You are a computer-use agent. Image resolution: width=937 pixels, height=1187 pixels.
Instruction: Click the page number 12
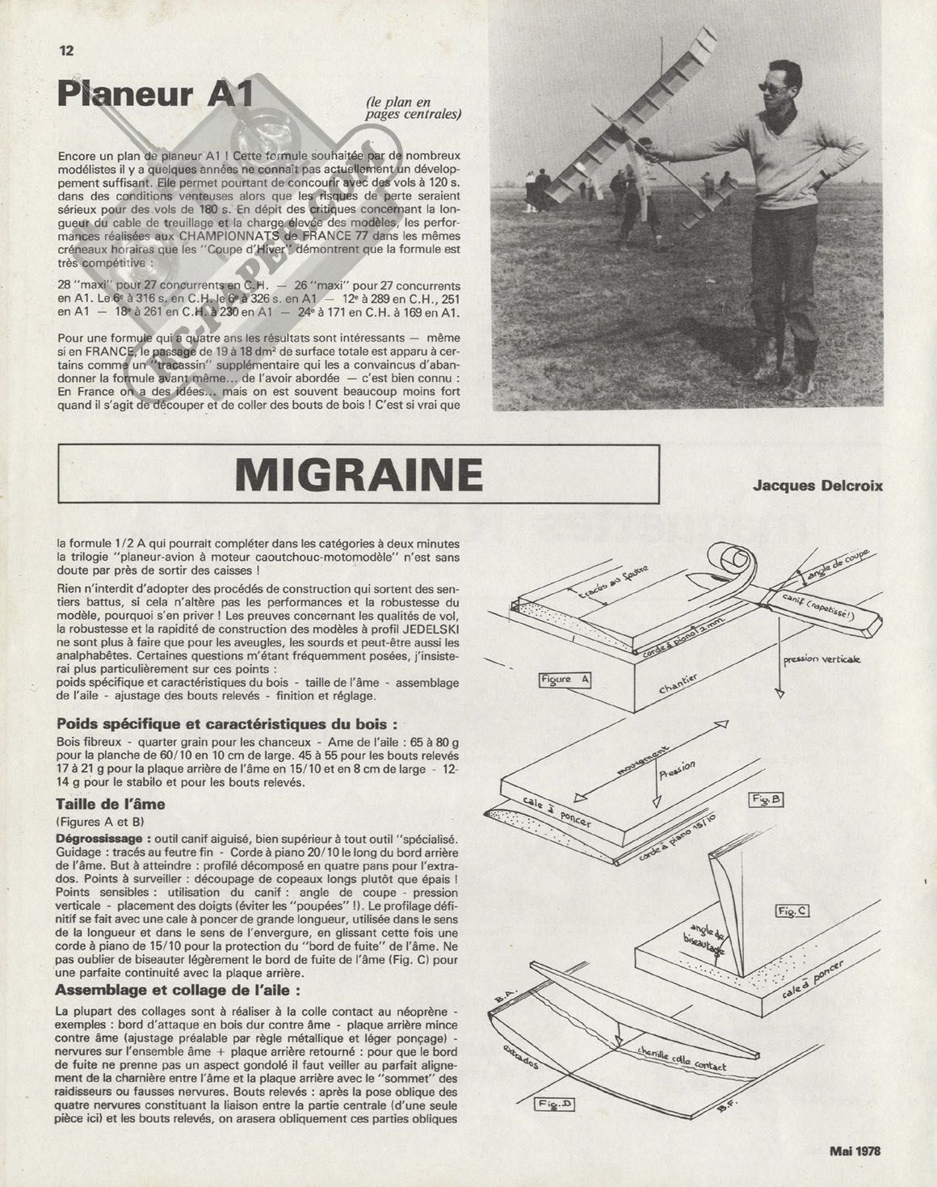66,50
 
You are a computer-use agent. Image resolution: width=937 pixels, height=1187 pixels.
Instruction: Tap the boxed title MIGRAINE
359,475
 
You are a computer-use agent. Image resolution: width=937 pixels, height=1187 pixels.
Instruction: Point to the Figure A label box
565,680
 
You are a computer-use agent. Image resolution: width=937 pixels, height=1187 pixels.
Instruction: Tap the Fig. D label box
557,1103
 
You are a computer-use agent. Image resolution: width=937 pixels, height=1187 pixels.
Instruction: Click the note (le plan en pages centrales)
414,107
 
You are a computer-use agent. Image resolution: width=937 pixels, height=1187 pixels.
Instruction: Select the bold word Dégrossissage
102,840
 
